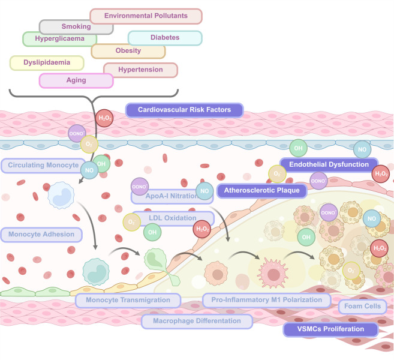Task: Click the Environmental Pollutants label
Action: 146,16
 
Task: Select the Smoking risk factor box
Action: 76,27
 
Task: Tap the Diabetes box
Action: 165,38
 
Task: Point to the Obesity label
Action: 128,51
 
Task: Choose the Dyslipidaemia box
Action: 47,63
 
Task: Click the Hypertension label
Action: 140,70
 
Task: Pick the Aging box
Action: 76,80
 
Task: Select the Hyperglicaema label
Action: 59,39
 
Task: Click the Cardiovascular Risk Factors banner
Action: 184,110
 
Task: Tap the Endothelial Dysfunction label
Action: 329,164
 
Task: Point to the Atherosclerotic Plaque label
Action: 262,191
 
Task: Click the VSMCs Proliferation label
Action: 330,329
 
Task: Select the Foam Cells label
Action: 362,307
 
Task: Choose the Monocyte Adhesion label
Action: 41,235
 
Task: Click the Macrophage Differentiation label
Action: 197,321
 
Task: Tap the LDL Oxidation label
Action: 173,218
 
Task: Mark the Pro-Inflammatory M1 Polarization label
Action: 267,300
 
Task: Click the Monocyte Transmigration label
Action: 128,300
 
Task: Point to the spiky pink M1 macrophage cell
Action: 273,274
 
